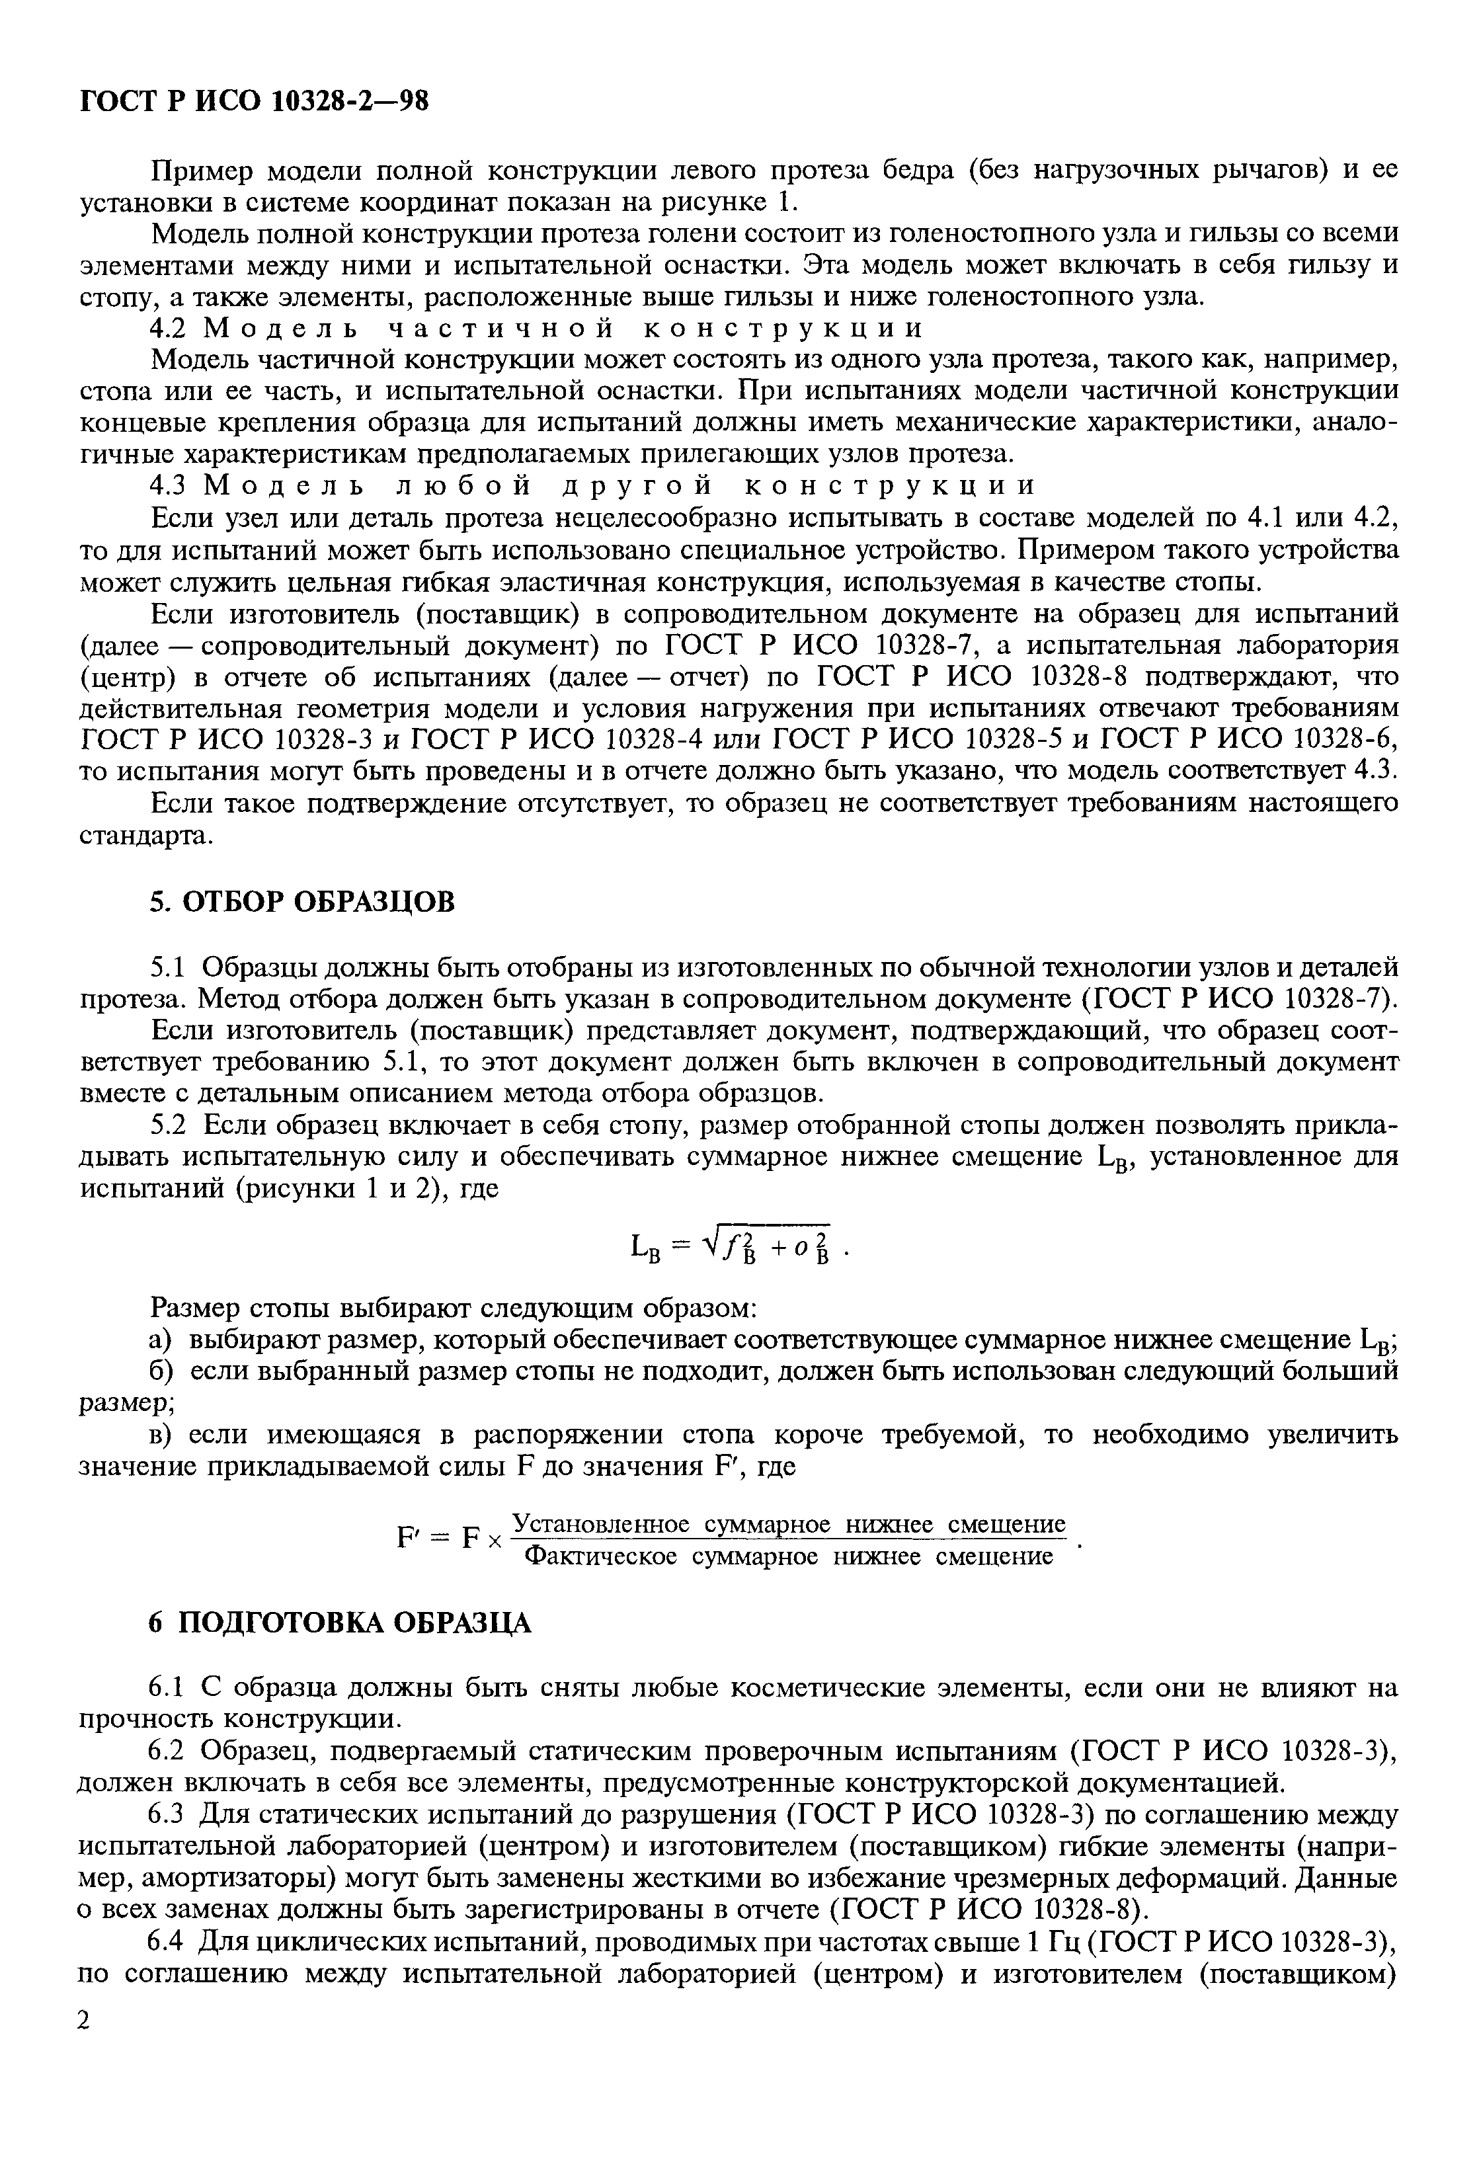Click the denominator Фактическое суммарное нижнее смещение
[789, 1556]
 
